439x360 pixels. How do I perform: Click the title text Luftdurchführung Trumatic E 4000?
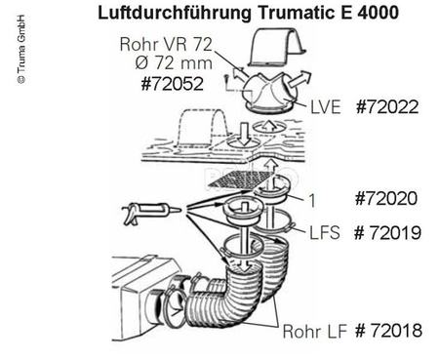tap(248, 14)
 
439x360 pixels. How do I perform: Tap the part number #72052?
tap(173, 84)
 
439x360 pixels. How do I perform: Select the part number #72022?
tap(387, 107)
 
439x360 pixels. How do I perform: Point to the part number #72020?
tap(386, 198)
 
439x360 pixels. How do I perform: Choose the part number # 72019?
tap(387, 233)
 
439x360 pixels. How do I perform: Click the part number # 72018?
tap(388, 331)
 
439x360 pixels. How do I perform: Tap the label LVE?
tap(326, 107)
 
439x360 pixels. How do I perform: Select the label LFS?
tap(325, 233)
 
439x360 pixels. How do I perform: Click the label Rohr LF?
tap(314, 332)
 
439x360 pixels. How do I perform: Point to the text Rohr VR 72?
tap(166, 44)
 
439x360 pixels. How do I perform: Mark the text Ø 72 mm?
tap(174, 63)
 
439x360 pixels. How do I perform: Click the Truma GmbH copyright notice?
tap(21, 50)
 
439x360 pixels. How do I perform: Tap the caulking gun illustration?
tap(151, 212)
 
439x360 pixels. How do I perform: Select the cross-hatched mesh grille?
tap(241, 180)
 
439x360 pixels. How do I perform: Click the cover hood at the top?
tap(277, 48)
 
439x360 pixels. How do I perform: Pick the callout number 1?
tap(312, 200)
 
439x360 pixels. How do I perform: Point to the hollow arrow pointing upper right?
tap(299, 80)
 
